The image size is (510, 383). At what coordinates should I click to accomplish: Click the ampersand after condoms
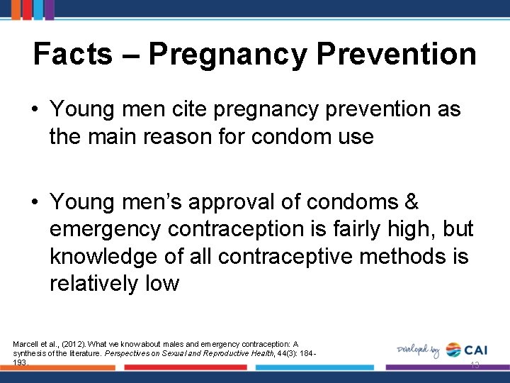click(410, 202)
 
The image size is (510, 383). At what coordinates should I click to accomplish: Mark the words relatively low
click(114, 284)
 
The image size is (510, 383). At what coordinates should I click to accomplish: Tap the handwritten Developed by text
click(419, 350)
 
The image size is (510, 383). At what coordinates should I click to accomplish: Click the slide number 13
click(475, 365)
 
